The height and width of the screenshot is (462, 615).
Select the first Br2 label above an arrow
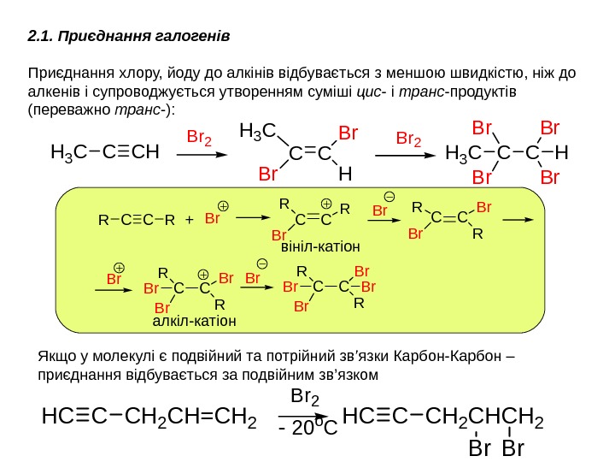(x=199, y=137)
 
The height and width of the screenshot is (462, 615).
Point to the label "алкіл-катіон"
(x=194, y=321)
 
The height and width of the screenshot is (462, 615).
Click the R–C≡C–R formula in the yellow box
(x=137, y=220)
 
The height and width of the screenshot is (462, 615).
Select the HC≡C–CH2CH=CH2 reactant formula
(x=150, y=419)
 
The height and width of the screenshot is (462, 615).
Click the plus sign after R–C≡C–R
(x=189, y=220)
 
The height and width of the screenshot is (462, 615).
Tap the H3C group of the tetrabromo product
(x=465, y=154)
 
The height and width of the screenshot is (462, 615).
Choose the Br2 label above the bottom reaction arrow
(x=306, y=397)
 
